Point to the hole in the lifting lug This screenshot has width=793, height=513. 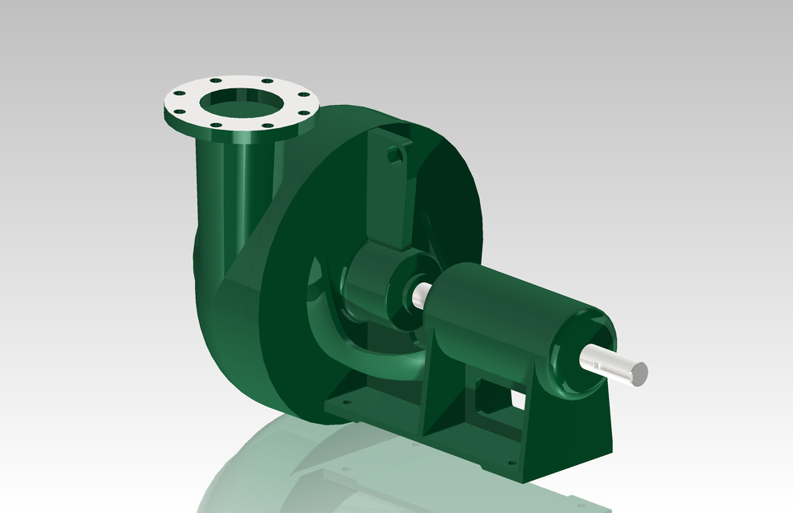click(396, 154)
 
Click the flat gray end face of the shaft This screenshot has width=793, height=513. click(639, 373)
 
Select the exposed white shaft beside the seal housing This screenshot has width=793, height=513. click(422, 293)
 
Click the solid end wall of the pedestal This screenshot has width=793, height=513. click(578, 430)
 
